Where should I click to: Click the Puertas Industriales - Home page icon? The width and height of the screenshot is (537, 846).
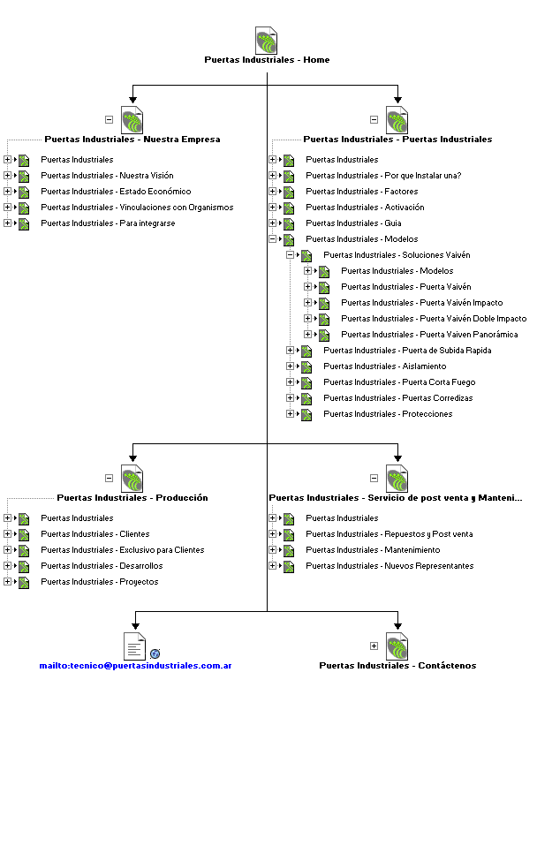267,41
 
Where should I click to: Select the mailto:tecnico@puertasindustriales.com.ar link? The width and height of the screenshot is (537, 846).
135,665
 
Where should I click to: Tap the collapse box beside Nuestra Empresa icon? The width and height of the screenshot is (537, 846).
109,119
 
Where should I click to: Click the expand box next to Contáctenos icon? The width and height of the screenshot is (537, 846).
374,646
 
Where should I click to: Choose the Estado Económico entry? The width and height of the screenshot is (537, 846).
116,192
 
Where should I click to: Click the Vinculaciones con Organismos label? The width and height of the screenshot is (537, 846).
137,208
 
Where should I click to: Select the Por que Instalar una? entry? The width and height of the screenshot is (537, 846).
383,176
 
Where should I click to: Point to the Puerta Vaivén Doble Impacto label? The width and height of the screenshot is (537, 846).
434,319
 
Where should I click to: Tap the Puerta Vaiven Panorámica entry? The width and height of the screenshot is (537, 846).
429,335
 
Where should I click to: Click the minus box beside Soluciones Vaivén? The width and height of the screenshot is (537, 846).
290,255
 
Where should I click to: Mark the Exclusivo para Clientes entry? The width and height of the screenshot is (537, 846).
123,550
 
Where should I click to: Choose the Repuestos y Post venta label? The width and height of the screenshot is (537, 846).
390,534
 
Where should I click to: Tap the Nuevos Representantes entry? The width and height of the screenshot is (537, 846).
390,566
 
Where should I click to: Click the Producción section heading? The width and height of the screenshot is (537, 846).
132,497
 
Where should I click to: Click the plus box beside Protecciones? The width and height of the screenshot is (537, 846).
290,414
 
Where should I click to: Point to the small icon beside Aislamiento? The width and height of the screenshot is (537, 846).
306,366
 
